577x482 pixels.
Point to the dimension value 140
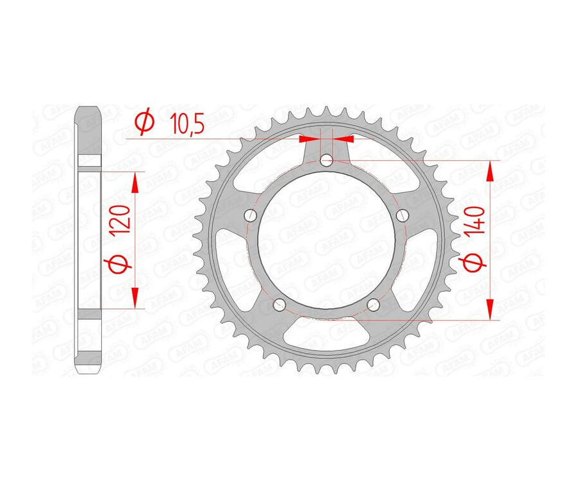475,221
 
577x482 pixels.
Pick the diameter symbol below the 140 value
475,263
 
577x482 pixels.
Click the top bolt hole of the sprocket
326,161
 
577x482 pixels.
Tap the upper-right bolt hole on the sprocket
402,216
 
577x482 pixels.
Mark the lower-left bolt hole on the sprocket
279,304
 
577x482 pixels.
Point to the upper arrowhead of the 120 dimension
135,182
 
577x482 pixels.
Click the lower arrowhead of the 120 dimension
135,298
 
